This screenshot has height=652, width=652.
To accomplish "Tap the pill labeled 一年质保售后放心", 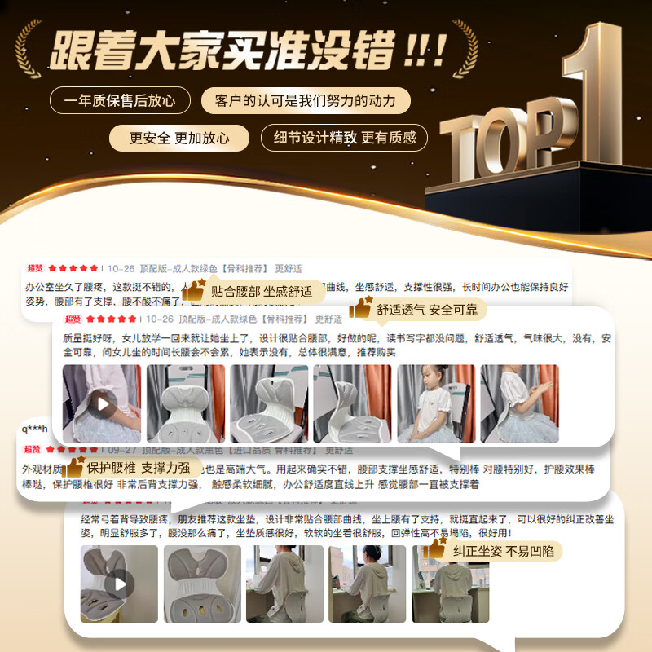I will [x=120, y=100].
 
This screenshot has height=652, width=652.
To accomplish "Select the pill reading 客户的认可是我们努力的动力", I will [x=305, y=100].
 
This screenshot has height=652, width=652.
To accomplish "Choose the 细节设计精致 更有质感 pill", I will [x=344, y=137].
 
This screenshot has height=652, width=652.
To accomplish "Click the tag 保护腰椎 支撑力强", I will [x=137, y=468].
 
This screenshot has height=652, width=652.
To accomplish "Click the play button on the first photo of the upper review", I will [x=102, y=403].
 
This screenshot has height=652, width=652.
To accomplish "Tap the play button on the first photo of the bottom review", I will [x=119, y=583].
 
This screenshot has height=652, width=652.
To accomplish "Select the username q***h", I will [x=35, y=429].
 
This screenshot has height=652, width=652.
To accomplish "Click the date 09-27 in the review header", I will [x=121, y=449].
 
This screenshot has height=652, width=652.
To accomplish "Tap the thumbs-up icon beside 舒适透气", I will [x=360, y=308].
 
